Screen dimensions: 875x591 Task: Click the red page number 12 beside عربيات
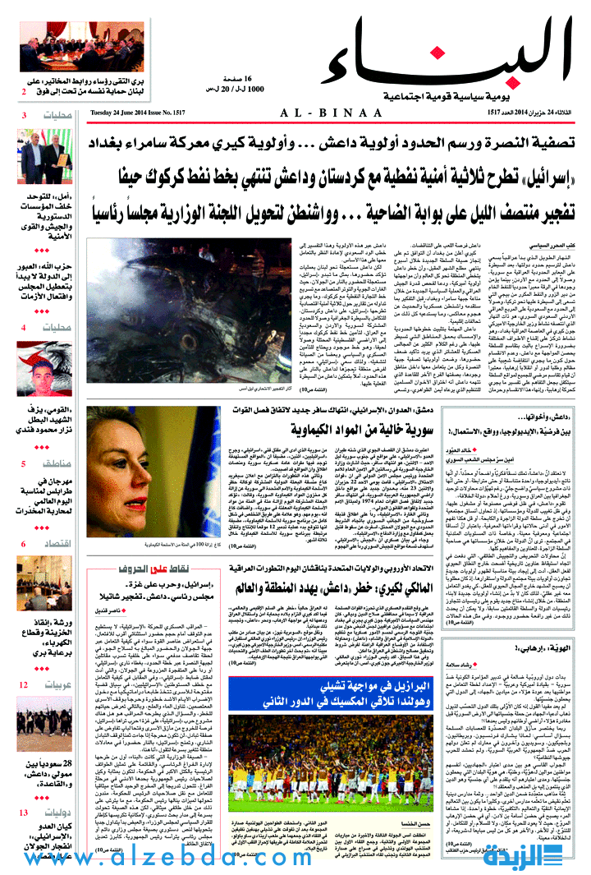coord(24,684)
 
